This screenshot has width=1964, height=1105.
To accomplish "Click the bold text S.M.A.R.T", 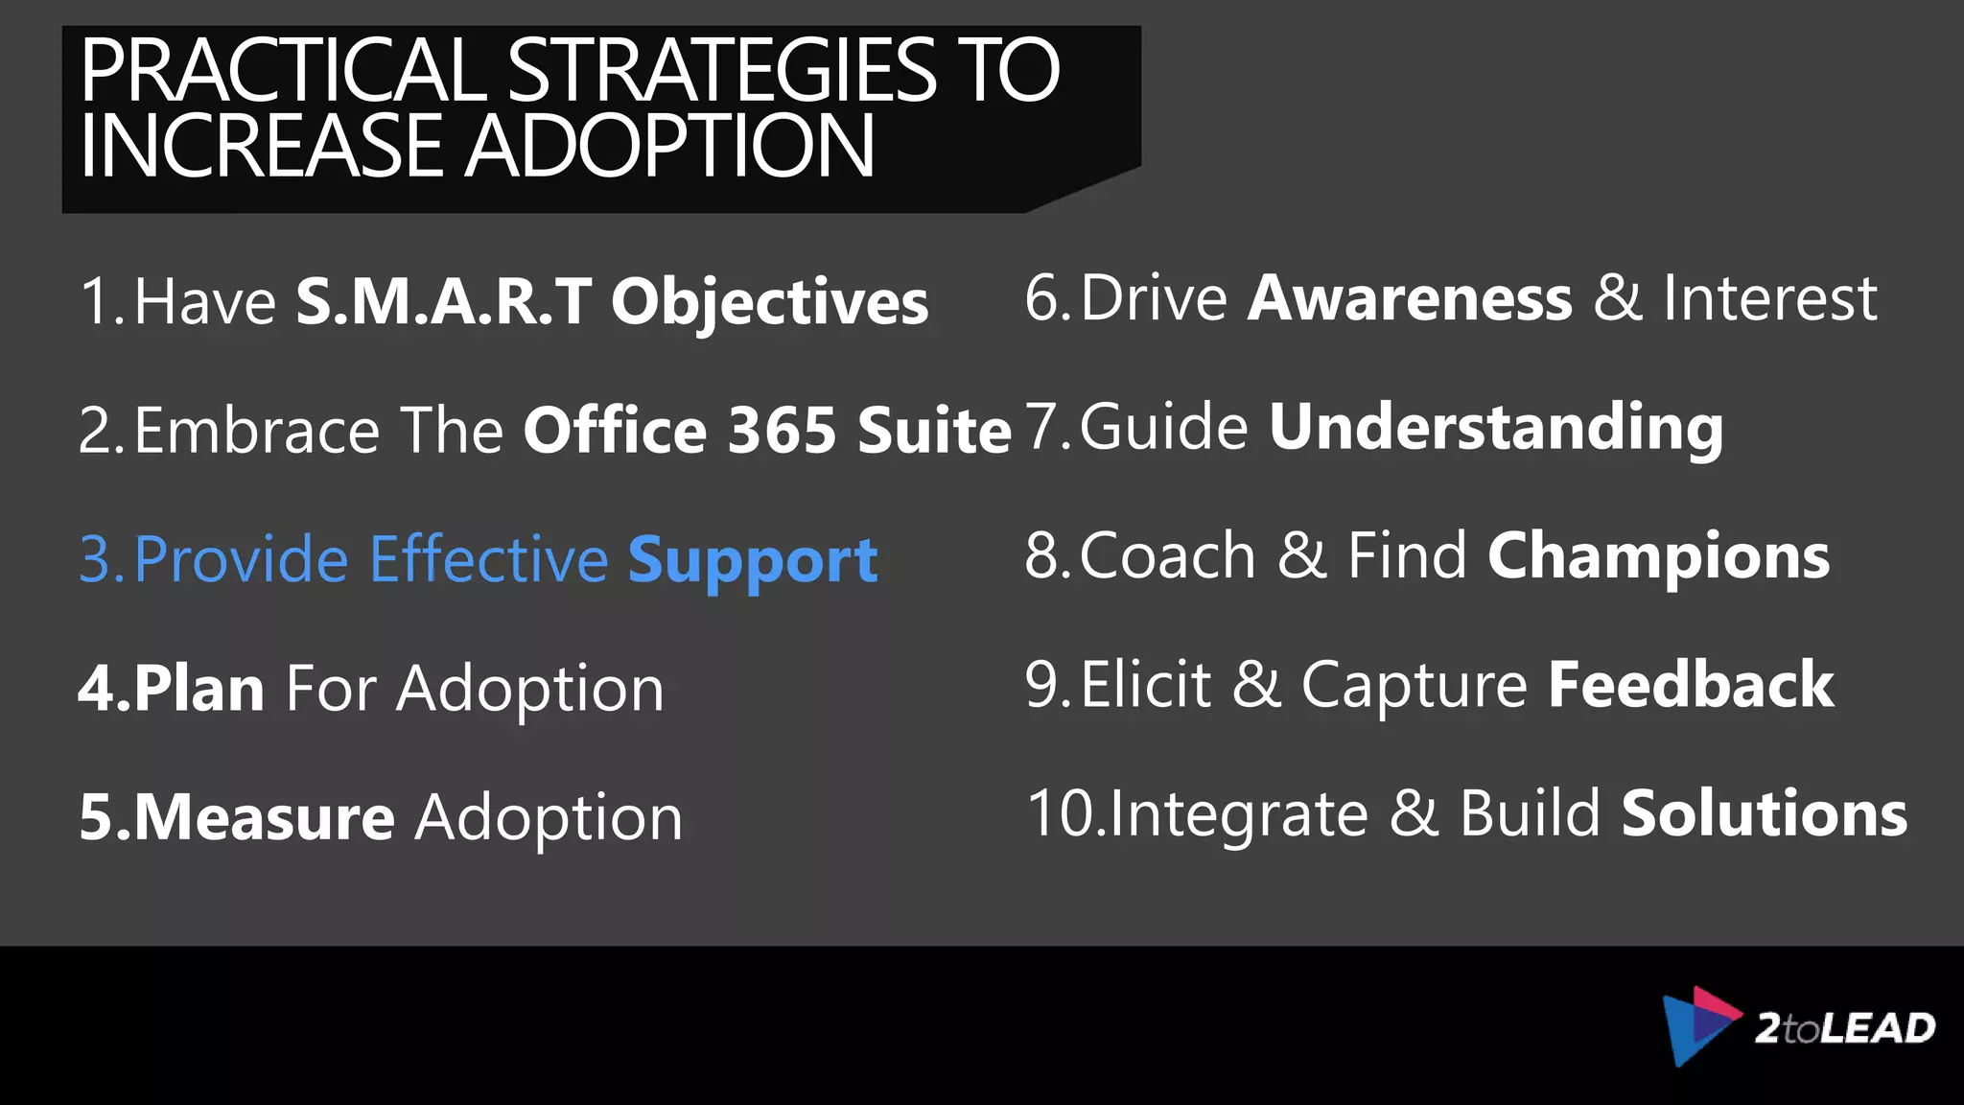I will (x=443, y=301).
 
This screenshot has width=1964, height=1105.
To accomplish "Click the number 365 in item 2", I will (x=782, y=430).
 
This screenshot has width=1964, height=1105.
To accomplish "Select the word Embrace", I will (x=257, y=430).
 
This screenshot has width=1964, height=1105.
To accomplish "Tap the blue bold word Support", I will (x=753, y=560).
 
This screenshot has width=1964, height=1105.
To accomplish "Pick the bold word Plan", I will (x=199, y=689).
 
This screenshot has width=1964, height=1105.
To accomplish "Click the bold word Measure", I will (x=264, y=817).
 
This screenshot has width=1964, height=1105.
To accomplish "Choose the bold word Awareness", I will (x=1410, y=297).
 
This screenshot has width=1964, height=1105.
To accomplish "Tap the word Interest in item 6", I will (x=1769, y=297).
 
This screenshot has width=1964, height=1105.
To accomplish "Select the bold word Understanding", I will (x=1496, y=428).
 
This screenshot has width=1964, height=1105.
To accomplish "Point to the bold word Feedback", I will (x=1691, y=685).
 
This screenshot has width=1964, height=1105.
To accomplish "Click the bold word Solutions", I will (x=1765, y=813).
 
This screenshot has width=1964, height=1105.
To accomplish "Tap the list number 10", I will (x=1063, y=813).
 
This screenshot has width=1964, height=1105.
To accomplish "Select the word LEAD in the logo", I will (x=1878, y=1028).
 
